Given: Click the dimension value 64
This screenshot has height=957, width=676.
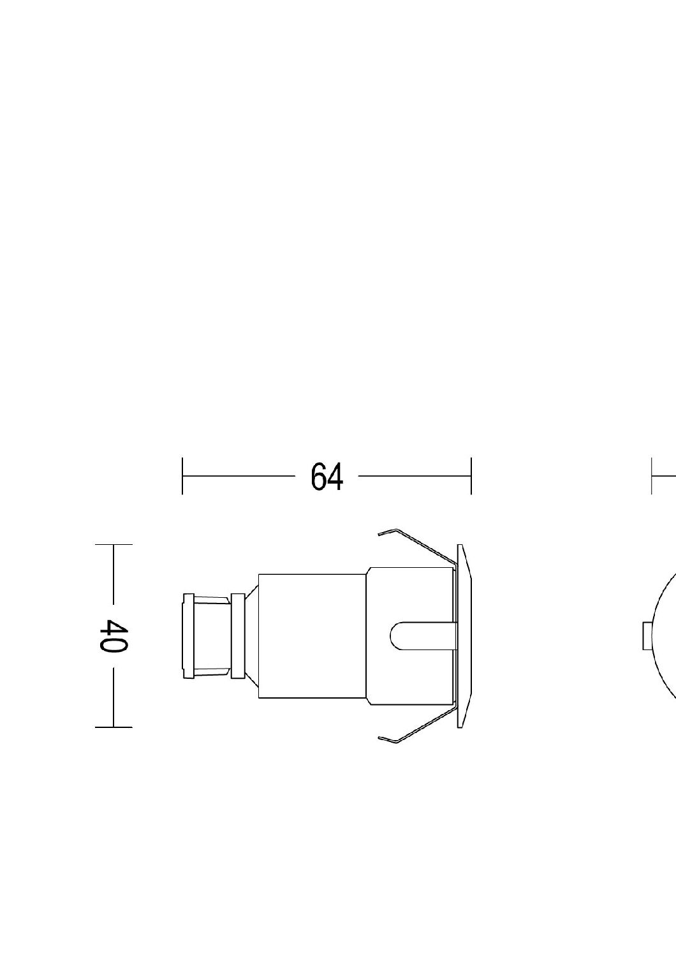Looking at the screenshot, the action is [327, 477].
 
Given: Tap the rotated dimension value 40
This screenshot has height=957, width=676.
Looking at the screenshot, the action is [113, 635].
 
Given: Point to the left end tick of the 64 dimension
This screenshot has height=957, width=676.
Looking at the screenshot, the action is [182, 476].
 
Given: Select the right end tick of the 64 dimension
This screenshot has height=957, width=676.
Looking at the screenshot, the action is [471, 476].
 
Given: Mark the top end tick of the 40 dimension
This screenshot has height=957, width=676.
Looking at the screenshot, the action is [114, 545].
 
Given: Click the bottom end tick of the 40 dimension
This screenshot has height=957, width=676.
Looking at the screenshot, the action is [114, 727].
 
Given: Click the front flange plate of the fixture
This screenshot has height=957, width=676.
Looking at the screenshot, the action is [464, 635].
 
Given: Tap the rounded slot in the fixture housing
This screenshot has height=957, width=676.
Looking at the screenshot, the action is [423, 635].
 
